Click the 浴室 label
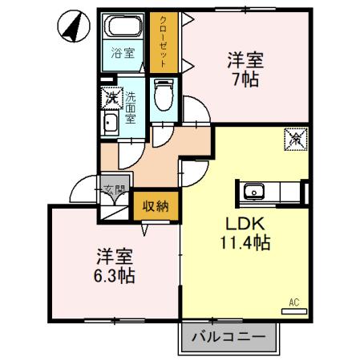tap(123, 55)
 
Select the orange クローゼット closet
tap(164, 43)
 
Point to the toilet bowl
tap(164, 99)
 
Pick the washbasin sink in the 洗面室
tap(110, 123)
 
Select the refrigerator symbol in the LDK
tap(295, 138)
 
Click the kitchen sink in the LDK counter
tap(255, 192)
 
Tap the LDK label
tap(241, 223)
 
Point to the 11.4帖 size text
tap(241, 241)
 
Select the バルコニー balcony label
tap(229, 337)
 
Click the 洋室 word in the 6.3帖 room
tap(114, 257)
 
